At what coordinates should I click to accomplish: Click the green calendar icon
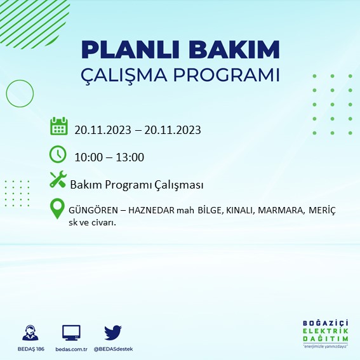point(58,126)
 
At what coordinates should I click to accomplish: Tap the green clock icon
point(58,154)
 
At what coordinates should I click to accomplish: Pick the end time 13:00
point(130,157)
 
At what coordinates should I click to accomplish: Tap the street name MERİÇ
point(322,210)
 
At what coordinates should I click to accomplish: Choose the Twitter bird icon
point(113,332)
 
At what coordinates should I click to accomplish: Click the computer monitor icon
point(71,333)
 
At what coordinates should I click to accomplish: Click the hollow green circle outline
point(20,93)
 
